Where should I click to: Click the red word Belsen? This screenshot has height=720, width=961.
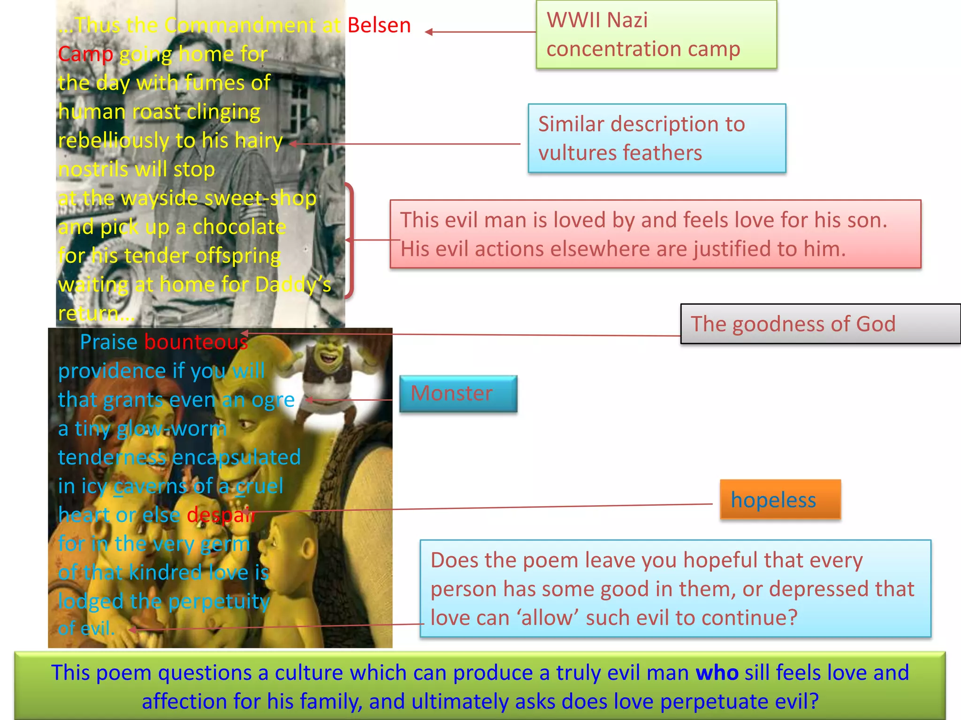point(379,25)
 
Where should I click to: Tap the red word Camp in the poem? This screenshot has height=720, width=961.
point(86,55)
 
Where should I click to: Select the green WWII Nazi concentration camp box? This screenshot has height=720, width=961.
point(656,35)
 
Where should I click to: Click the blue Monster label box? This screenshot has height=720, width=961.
point(458,394)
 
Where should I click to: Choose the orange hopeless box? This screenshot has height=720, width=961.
point(780,499)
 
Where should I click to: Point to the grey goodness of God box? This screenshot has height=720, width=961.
point(821,324)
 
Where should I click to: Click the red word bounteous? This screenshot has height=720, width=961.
point(196,342)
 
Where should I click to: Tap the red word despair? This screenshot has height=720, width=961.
point(221,515)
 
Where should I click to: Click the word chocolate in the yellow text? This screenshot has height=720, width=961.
point(239,227)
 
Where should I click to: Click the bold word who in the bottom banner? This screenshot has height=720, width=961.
point(717,673)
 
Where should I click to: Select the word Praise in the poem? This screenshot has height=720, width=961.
point(108,342)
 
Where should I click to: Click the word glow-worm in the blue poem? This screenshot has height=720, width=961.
point(172,429)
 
